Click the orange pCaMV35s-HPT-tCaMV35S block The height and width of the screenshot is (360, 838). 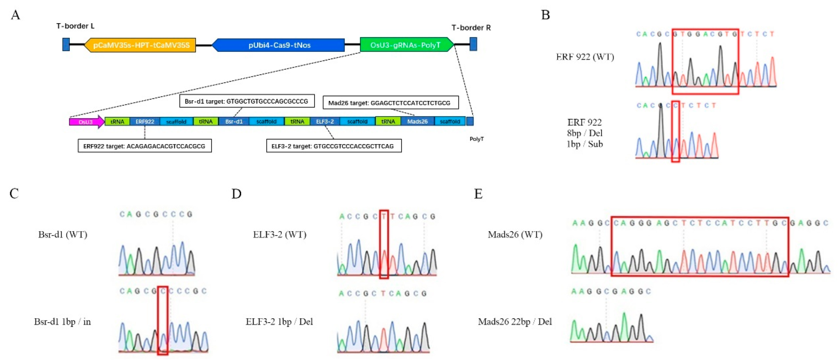(140, 45)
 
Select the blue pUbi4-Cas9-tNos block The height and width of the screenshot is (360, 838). (279, 45)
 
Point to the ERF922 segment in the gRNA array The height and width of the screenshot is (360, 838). (145, 121)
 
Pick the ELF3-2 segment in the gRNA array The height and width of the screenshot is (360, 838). (325, 121)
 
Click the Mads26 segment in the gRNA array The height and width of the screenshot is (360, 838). (417, 121)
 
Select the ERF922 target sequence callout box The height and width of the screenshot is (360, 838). (144, 146)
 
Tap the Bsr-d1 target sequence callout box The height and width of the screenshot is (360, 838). (247, 101)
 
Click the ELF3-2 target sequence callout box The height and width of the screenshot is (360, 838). (333, 146)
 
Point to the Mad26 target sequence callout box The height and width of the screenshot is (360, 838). (390, 102)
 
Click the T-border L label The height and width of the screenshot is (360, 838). (75, 26)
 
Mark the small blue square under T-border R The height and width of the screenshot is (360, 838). (473, 44)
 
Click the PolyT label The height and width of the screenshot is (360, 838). (477, 139)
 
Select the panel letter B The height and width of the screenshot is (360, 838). (545, 15)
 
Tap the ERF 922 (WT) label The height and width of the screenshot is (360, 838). (585, 57)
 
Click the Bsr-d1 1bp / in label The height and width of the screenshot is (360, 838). (62, 322)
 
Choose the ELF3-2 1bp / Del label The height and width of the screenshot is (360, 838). (279, 322)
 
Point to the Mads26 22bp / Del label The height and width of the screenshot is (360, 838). (515, 322)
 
